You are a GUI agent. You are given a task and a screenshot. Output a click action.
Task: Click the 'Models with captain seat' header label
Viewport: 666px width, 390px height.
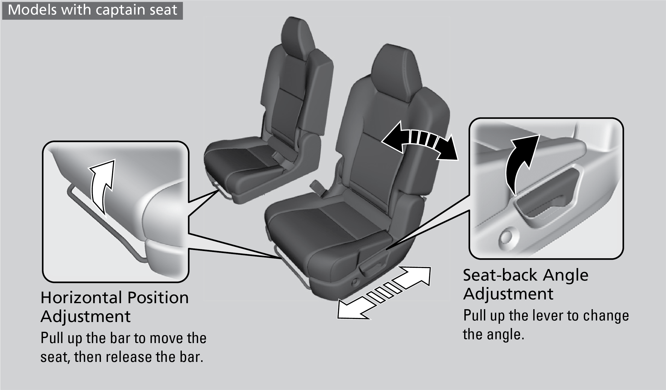(92, 10)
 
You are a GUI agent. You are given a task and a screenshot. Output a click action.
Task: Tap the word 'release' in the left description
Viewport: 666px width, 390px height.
(128, 357)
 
